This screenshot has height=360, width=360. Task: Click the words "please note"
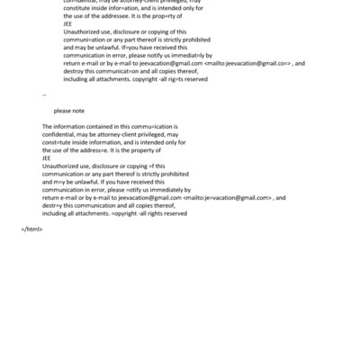pyautogui.click(x=69, y=110)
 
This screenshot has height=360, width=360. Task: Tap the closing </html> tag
pyautogui.click(x=31, y=229)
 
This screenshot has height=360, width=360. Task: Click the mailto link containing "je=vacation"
pyautogui.click(x=228, y=197)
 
